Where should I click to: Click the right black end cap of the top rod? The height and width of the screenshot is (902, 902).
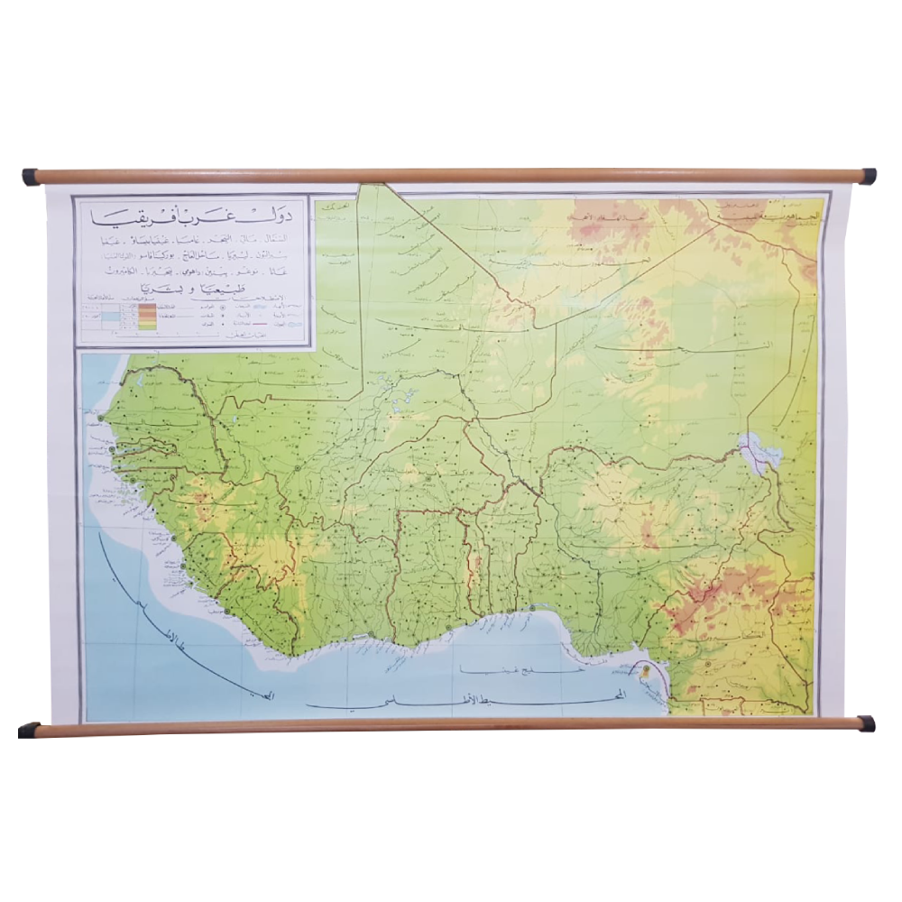tap(869, 176)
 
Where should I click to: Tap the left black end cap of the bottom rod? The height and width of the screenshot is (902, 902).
tap(29, 729)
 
